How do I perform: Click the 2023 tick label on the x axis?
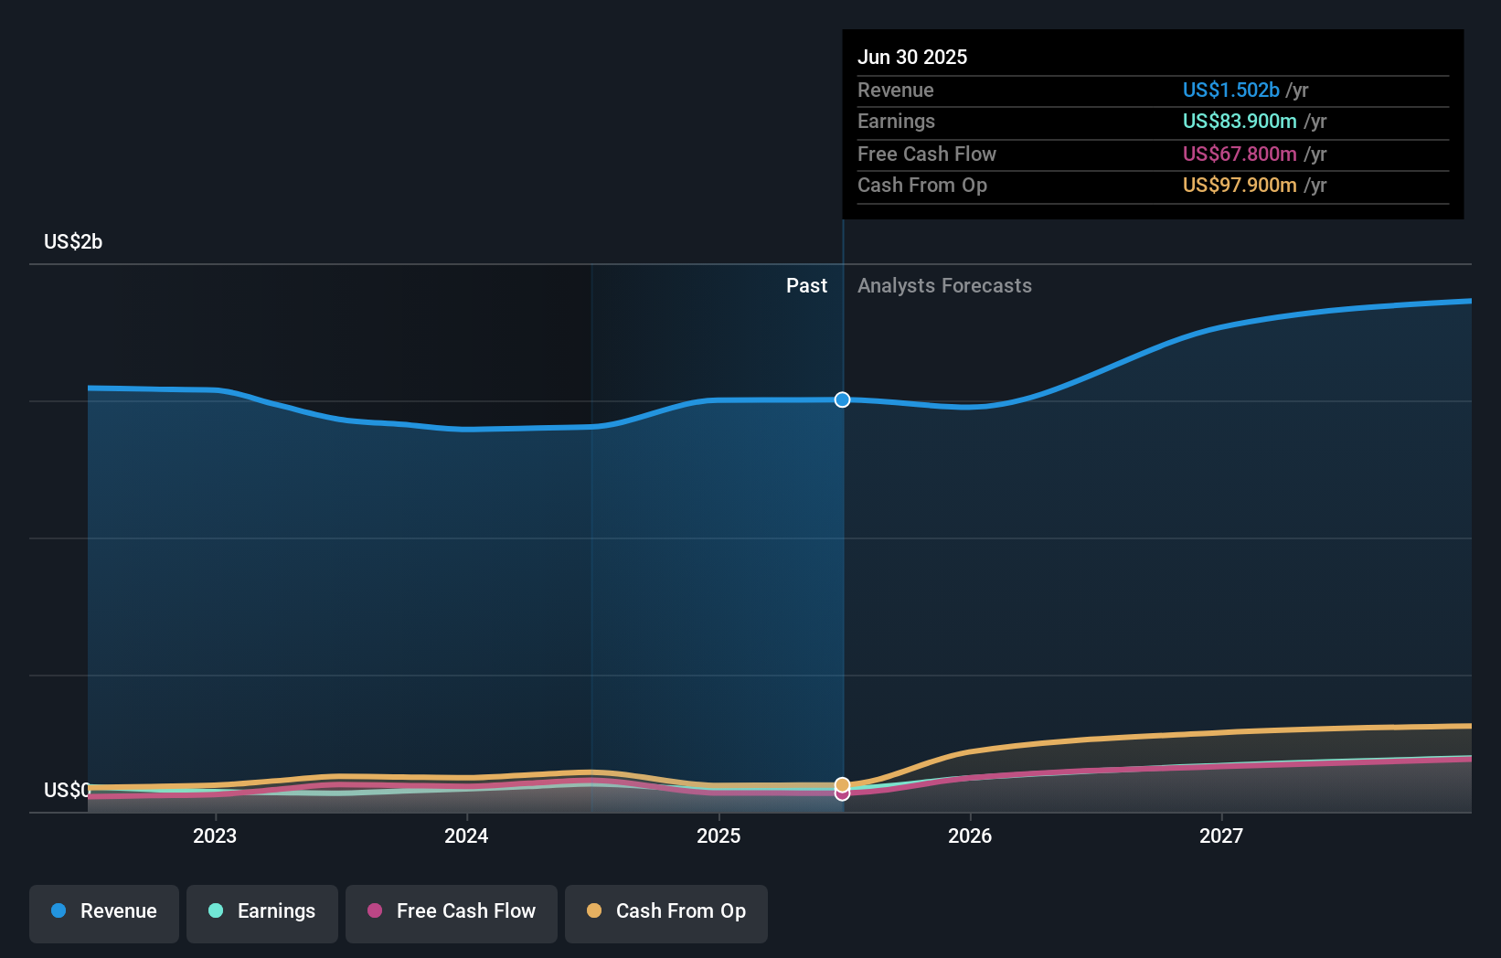click(215, 836)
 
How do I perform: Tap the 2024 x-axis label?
click(466, 836)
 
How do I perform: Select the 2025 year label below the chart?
click(719, 836)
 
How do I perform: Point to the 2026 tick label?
click(970, 836)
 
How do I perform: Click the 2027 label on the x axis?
click(1221, 836)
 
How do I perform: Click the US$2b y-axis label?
click(73, 241)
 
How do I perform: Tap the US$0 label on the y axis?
click(67, 790)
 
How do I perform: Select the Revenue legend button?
click(104, 911)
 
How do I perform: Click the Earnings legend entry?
click(262, 911)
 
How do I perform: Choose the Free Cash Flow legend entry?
click(452, 911)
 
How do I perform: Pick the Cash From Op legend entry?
click(666, 911)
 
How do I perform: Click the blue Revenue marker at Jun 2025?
click(842, 399)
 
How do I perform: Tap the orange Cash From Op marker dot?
click(842, 784)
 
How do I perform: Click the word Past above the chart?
click(806, 286)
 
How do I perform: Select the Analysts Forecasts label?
click(944, 286)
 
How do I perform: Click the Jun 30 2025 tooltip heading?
click(912, 57)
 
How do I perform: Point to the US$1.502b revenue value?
click(1230, 90)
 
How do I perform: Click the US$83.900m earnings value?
click(1240, 122)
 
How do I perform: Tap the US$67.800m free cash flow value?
click(1240, 154)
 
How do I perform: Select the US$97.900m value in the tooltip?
click(1240, 186)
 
